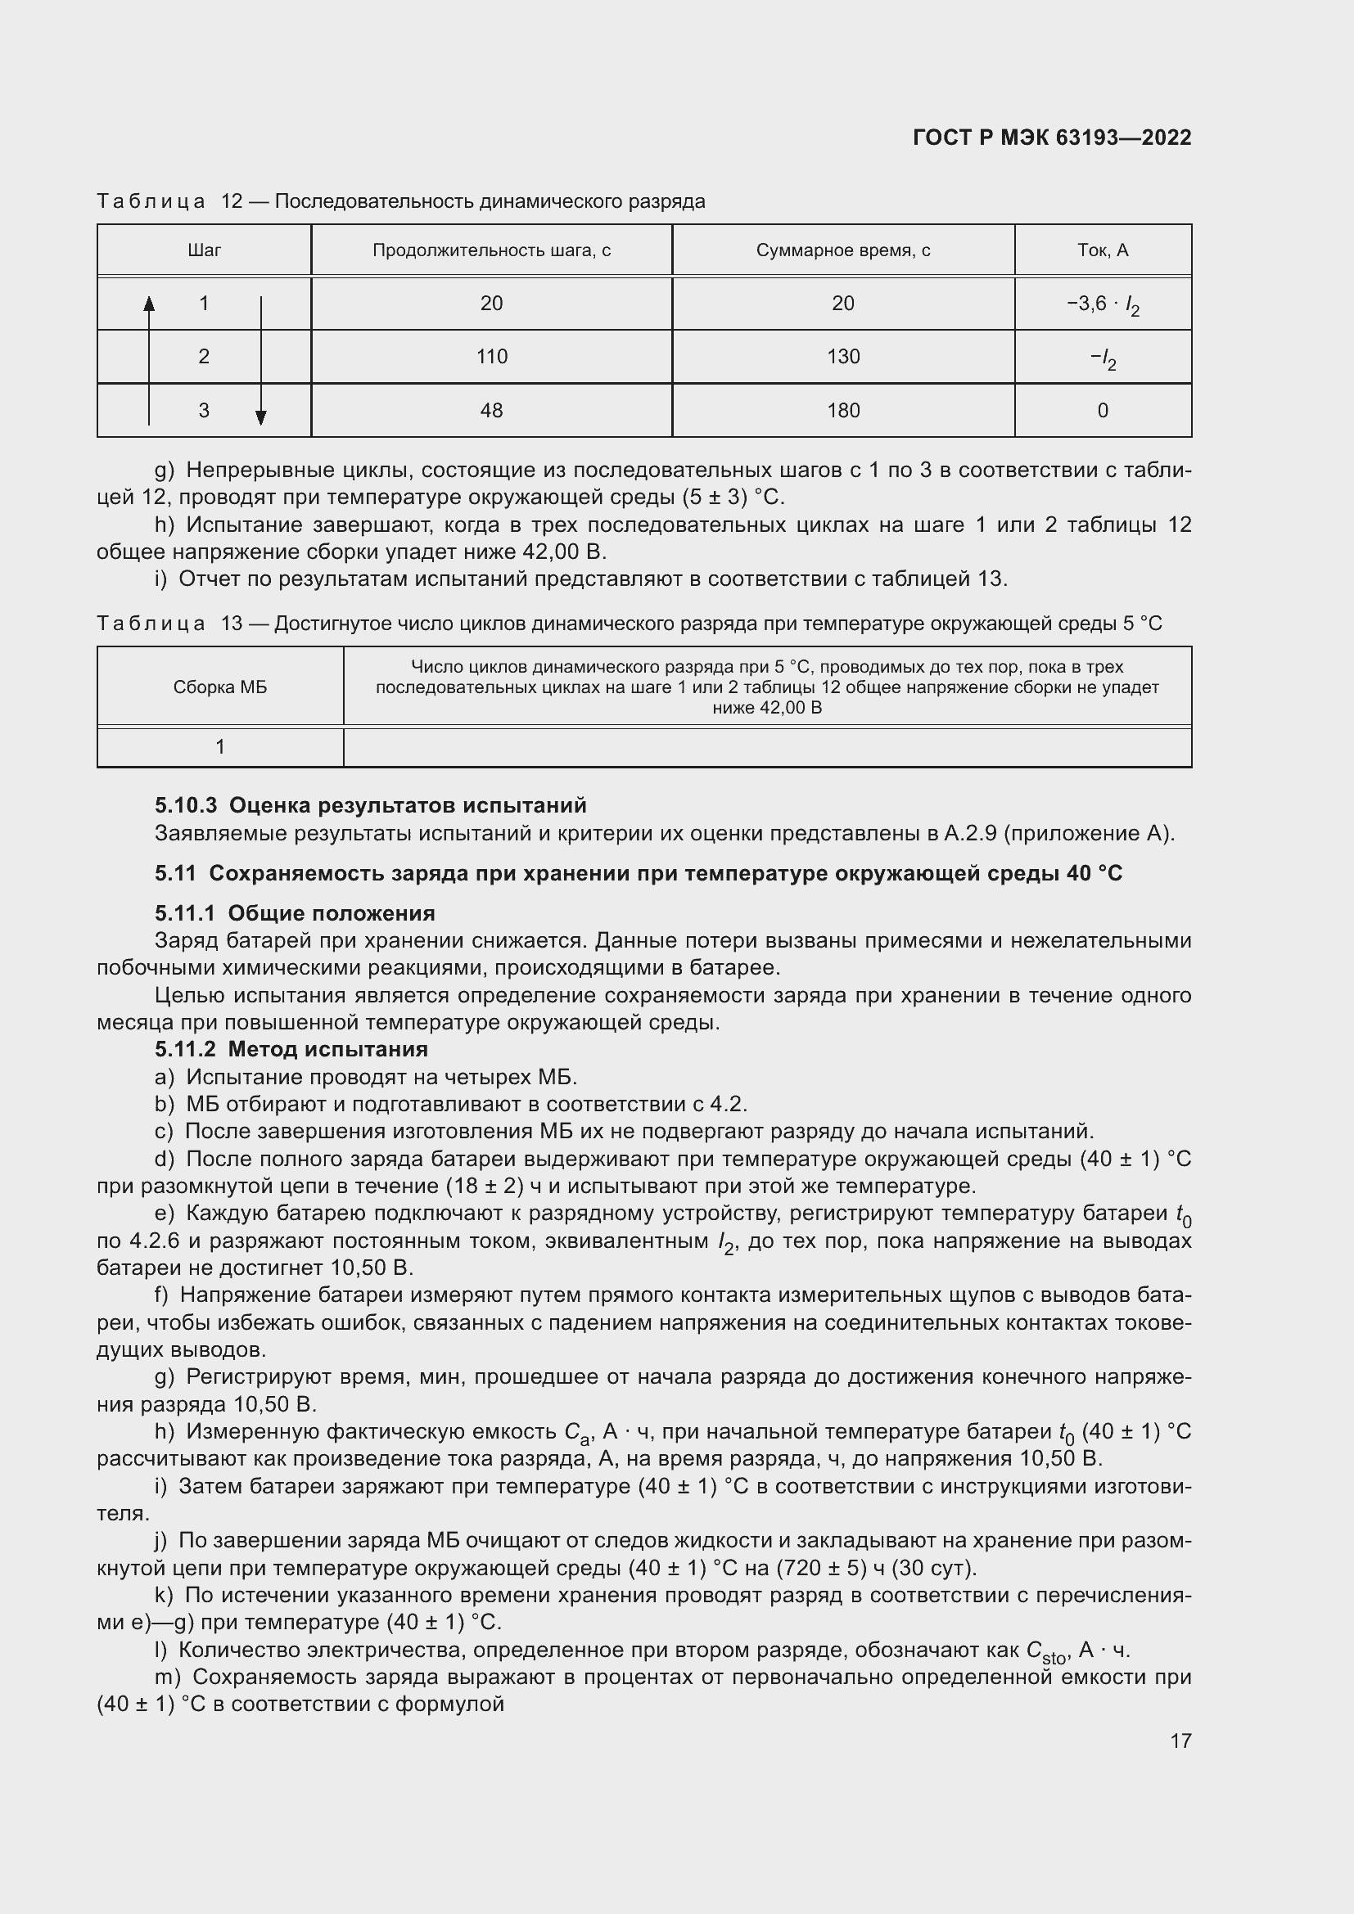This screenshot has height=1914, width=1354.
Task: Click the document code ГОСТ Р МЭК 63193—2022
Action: click(x=1051, y=137)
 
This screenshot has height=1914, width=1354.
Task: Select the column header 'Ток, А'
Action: click(x=1102, y=250)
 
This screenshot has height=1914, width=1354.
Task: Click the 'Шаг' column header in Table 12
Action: click(x=205, y=250)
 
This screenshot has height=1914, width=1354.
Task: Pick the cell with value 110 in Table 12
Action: click(x=491, y=357)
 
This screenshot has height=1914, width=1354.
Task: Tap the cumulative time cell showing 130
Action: click(x=843, y=357)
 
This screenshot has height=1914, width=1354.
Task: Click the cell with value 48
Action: click(x=491, y=410)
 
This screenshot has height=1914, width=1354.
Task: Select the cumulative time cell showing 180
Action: click(x=843, y=410)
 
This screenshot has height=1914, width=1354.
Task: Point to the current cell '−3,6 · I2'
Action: click(x=1102, y=304)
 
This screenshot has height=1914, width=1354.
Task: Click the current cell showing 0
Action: click(x=1102, y=410)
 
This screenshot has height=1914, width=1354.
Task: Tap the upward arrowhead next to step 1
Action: click(x=149, y=304)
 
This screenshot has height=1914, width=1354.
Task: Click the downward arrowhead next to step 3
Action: click(x=261, y=417)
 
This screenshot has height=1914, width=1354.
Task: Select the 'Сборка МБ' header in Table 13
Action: click(x=220, y=687)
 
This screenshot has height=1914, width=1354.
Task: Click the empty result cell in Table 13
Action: click(x=767, y=747)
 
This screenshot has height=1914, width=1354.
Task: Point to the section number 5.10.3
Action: click(x=185, y=805)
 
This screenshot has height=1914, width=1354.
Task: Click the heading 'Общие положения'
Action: click(x=331, y=913)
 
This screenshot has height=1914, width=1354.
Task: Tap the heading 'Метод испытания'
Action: click(x=327, y=1049)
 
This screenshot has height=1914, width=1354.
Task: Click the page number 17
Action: click(x=1180, y=1741)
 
